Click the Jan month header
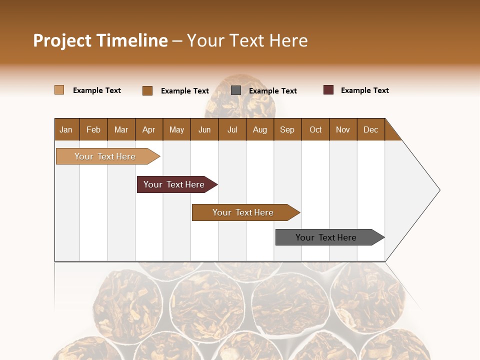(x=66, y=129)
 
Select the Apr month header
(x=148, y=129)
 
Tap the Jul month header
(x=232, y=129)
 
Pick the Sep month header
(x=287, y=129)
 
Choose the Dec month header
(x=370, y=129)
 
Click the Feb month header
(x=93, y=129)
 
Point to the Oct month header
(x=315, y=129)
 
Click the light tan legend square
(x=59, y=90)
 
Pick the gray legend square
(x=236, y=90)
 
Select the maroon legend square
(x=328, y=90)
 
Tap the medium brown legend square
(x=147, y=90)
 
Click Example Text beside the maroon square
(x=364, y=90)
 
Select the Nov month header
(x=342, y=129)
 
